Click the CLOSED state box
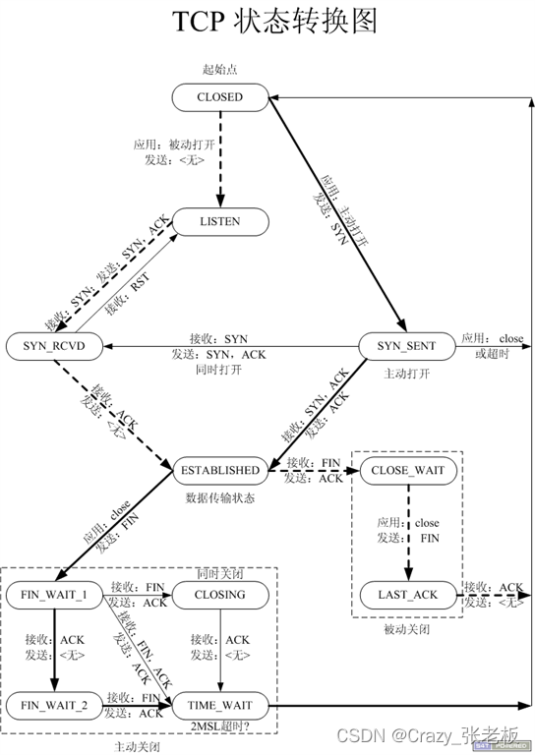pos(219,97)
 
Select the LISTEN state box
pos(219,222)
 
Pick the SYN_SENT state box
pos(405,346)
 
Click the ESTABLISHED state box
pos(219,470)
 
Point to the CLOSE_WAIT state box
pos(407,470)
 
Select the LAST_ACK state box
pos(407,595)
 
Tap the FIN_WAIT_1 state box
pos(55,595)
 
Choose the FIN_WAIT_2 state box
pos(55,705)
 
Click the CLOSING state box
pos(219,595)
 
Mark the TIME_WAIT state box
pos(219,705)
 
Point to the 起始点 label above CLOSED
pos(219,71)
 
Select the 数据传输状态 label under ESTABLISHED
pos(219,497)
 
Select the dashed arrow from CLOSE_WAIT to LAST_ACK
pos(407,531)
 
